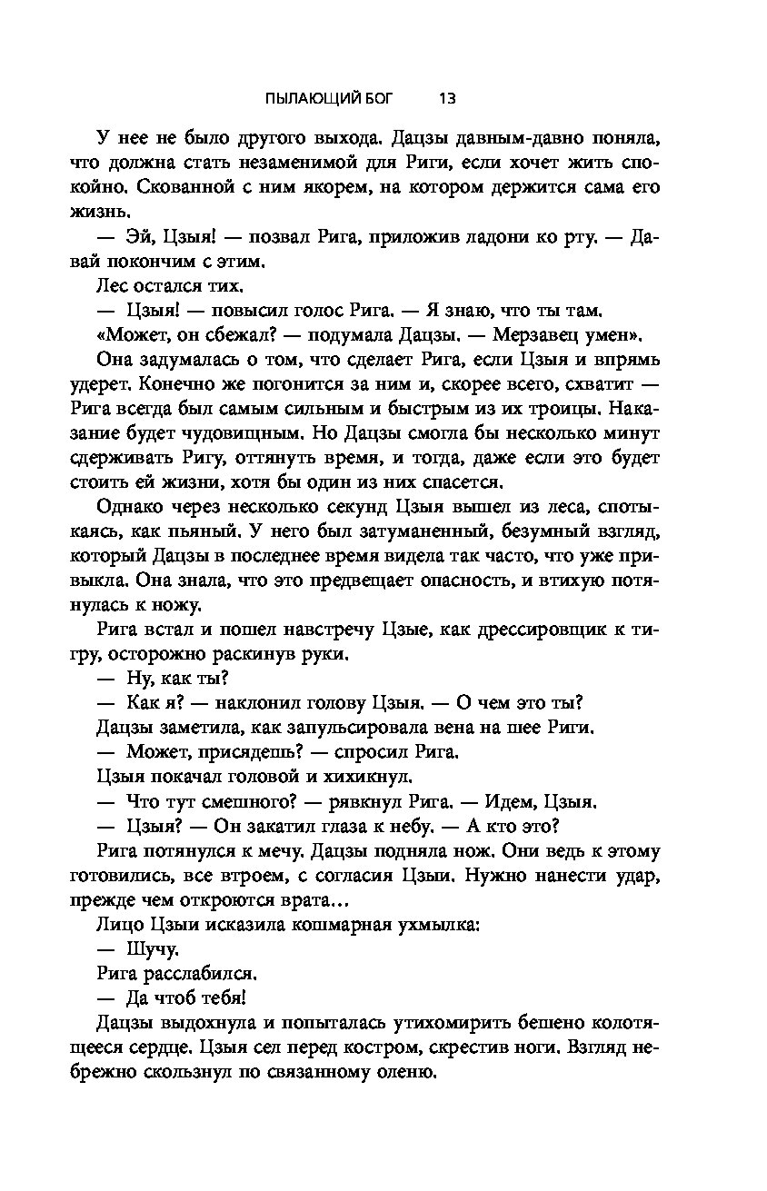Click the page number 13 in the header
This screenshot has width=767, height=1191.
pos(446,97)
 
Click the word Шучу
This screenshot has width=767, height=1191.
pos(153,949)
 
